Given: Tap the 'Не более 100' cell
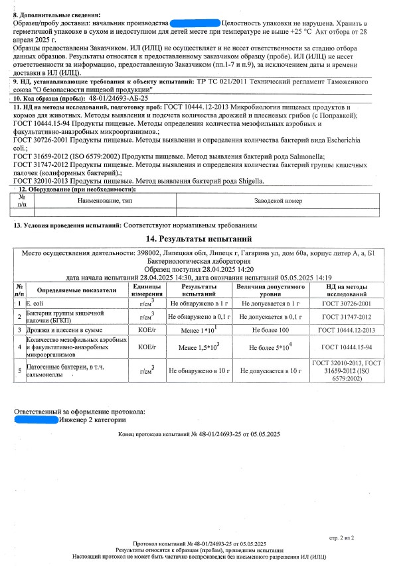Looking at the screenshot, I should point(271,329).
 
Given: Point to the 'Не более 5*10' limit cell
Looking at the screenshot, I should point(271,347).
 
